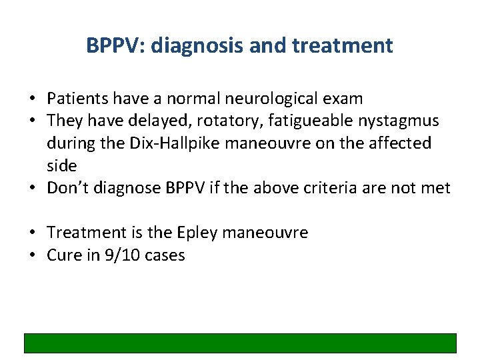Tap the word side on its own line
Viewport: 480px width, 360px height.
coord(62,165)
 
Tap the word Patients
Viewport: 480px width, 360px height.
coord(79,99)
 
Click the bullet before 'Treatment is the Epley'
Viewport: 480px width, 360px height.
coord(32,233)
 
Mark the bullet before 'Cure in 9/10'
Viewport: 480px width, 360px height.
coord(32,255)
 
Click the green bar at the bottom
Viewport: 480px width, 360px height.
coord(240,343)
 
